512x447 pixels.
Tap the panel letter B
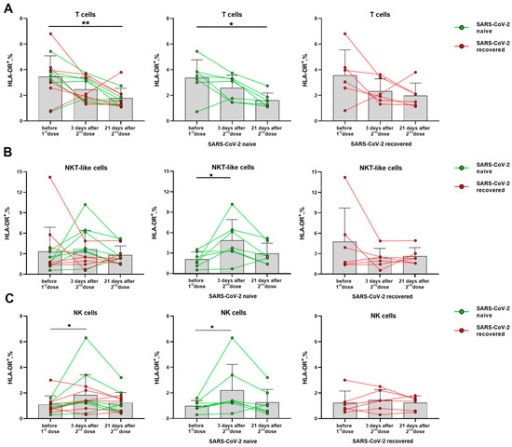click(x=7, y=155)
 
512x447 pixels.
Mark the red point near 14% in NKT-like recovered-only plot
click(x=344, y=178)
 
